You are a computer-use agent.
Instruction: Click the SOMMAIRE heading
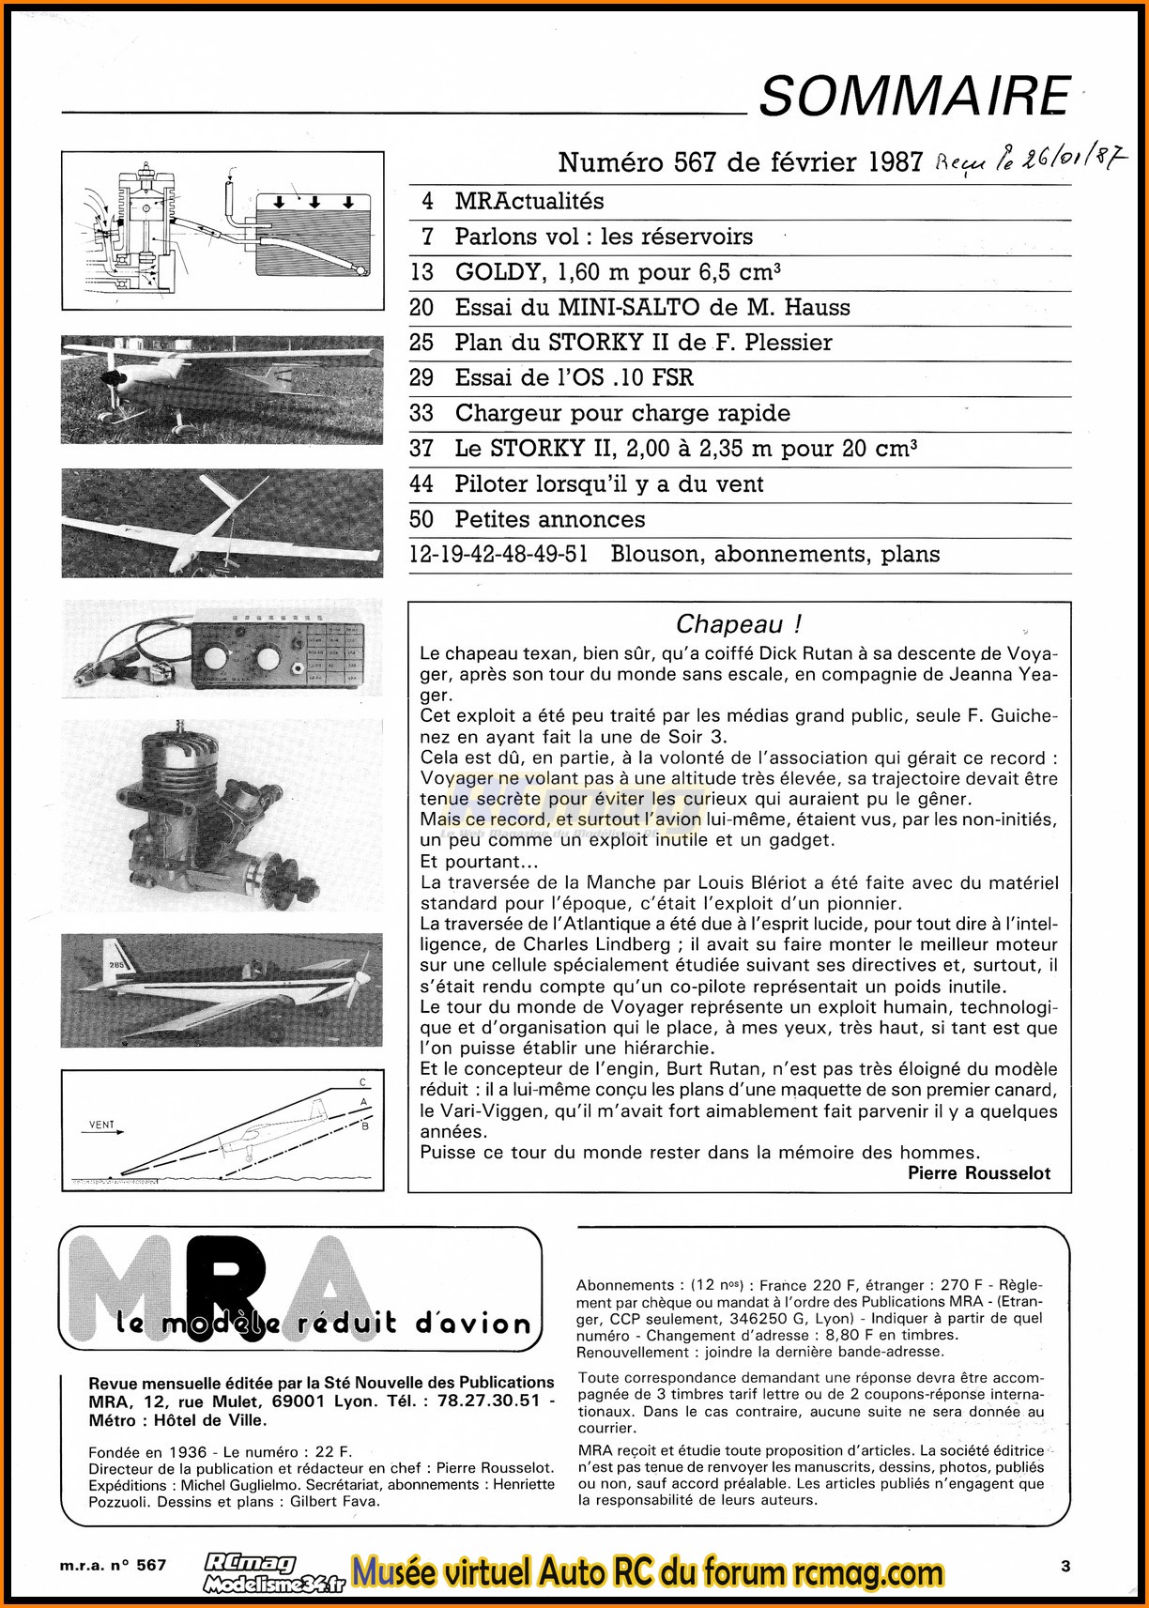click(914, 96)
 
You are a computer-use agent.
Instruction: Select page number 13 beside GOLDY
click(421, 272)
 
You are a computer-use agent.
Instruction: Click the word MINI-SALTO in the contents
click(628, 308)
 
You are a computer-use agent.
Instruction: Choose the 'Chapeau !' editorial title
click(738, 624)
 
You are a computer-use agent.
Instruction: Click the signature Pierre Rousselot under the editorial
click(978, 1172)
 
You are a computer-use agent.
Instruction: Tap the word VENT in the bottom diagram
click(101, 1125)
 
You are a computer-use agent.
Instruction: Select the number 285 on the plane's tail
click(116, 967)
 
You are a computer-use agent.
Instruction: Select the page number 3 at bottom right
click(1065, 1566)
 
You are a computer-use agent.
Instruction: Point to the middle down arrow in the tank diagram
click(314, 202)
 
